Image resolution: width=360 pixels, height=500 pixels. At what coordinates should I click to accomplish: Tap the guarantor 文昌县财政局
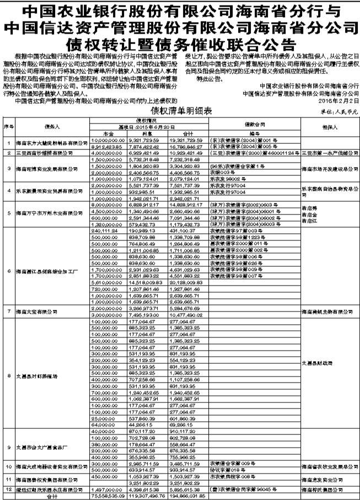pos(318,363)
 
